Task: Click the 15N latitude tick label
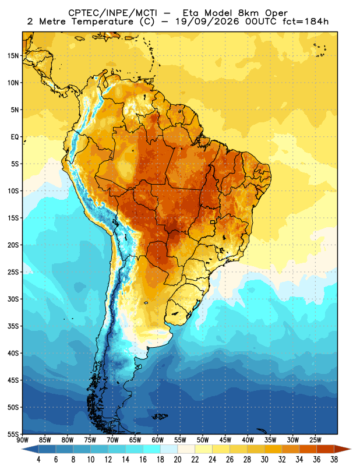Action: pos(13,56)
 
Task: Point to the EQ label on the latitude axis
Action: pos(15,137)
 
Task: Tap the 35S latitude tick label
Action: pos(13,326)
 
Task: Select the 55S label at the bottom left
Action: pos(13,434)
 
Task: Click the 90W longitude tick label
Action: pos(22,440)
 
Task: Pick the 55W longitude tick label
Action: pos(180,440)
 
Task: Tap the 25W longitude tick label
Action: pos(315,440)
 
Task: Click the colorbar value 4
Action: pos(38,460)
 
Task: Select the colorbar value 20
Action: pos(178,460)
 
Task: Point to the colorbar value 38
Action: pos(334,460)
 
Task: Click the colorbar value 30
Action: pos(264,460)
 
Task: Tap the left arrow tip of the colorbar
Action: pos(22,449)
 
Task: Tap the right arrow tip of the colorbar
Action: pos(351,449)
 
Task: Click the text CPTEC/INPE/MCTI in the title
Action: pos(112,13)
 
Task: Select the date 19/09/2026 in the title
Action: pos(207,22)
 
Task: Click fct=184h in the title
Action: pos(306,22)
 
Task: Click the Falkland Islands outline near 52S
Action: pos(160,416)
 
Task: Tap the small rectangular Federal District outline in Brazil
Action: pos(213,222)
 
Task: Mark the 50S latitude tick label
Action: pos(13,407)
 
